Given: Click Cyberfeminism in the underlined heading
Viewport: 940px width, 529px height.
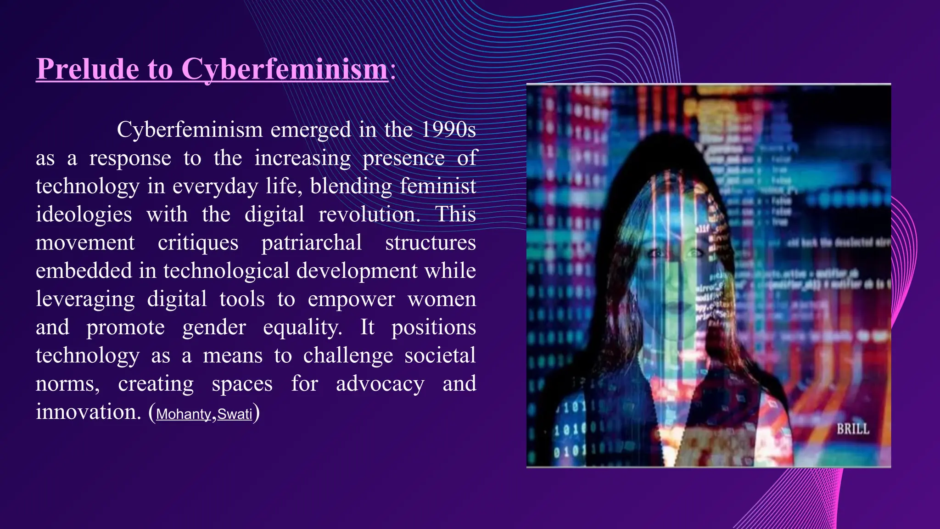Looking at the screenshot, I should [285, 70].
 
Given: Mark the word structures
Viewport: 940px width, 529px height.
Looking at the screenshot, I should [430, 243].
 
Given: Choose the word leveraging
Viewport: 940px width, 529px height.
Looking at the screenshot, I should [85, 300].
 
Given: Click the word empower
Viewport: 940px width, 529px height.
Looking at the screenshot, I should [351, 300].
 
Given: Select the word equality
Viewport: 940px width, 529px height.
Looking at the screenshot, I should [302, 328].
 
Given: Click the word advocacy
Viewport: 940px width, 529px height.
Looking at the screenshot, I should [380, 384].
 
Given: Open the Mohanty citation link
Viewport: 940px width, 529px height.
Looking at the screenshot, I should [183, 414].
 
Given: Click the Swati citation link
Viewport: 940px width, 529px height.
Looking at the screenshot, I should [235, 414].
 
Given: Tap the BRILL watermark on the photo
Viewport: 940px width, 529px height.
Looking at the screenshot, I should [852, 429].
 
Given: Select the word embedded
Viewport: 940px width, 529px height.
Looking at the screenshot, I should [84, 271].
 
